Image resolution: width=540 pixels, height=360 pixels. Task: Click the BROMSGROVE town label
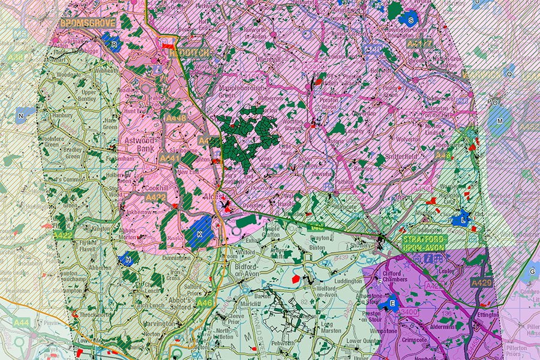pos(87,23)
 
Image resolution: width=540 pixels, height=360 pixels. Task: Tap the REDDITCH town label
pos(190,53)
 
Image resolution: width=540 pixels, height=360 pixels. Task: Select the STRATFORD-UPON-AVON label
pos(422,243)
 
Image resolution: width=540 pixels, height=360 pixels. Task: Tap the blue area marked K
pos(199,233)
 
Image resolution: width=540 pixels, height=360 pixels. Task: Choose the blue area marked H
pos(128,259)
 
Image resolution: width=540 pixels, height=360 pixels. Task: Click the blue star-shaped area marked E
pos(392,304)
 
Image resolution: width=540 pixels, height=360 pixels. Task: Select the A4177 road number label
pos(419,44)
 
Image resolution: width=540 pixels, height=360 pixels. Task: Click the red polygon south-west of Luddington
pos(295,278)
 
